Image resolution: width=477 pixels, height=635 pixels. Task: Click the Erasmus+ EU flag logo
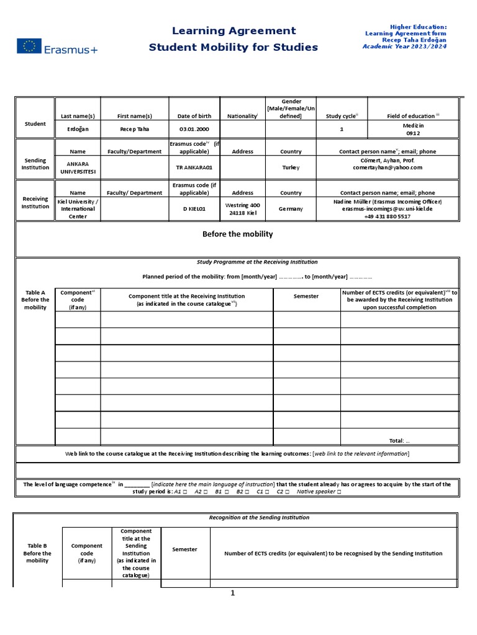[x=29, y=46]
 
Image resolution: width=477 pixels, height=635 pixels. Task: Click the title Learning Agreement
[x=234, y=30]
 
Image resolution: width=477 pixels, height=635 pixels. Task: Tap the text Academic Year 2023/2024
[x=404, y=46]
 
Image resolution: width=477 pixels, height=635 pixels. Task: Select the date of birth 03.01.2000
[x=194, y=129]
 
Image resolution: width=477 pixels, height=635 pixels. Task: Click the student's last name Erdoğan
[x=78, y=129]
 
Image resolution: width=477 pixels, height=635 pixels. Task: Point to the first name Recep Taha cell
[x=135, y=129]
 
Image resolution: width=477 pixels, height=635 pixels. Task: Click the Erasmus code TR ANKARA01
[x=194, y=167]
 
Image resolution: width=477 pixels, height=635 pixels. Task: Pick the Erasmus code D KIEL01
[x=194, y=209]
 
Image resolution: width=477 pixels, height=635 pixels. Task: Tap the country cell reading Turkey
[x=291, y=167]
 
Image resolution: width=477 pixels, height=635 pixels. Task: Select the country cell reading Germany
[x=291, y=209]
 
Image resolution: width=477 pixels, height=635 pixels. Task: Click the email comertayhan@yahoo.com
[x=387, y=167]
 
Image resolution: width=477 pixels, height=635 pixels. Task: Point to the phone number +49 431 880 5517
[x=387, y=216]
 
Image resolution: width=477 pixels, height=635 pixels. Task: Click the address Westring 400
[x=242, y=205]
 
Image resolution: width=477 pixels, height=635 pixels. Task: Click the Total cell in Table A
[x=399, y=441]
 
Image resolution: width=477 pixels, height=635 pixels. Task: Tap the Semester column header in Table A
[x=306, y=296]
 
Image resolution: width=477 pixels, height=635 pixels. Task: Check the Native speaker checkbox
[x=338, y=492]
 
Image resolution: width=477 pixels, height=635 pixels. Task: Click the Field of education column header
[x=413, y=116]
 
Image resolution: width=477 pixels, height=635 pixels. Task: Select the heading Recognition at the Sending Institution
[x=258, y=517]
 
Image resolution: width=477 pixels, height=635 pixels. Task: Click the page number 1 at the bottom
[x=233, y=593]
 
